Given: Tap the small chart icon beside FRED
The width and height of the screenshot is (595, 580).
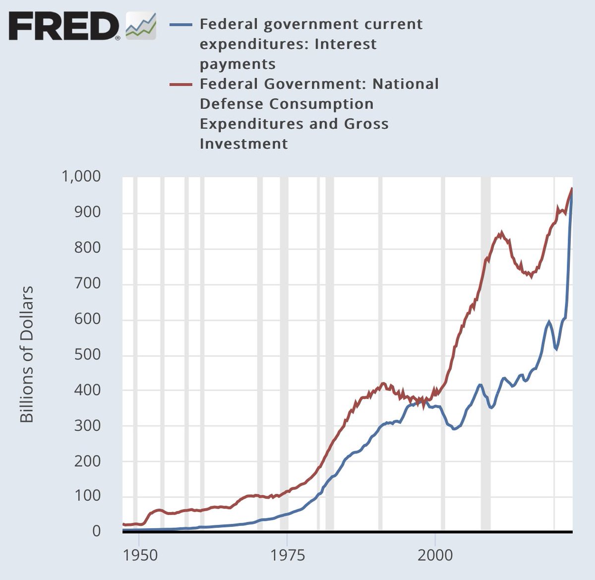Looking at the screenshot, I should pos(141,26).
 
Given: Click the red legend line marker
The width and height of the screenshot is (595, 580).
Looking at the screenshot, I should pos(181,84).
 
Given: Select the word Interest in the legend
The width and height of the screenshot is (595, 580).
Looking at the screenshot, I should pos(346,44).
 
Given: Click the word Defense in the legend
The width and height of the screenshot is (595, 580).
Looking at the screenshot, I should pos(232,104).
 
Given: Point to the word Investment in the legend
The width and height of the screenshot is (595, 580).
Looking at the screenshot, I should pos(243,144).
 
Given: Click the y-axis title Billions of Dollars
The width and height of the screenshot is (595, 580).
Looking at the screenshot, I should pos(27,354).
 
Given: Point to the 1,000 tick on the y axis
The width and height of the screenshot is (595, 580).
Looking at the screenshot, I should pos(81,176).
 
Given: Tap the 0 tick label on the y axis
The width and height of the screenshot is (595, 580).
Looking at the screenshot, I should pos(96,531).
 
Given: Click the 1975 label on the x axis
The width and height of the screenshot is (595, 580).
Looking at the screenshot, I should pos(288,555).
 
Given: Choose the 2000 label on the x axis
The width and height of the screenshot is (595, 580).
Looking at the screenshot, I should pos(435,555).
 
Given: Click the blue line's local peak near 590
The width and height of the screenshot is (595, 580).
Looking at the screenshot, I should pos(548,322).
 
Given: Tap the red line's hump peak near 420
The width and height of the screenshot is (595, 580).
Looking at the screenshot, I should pos(383,383).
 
